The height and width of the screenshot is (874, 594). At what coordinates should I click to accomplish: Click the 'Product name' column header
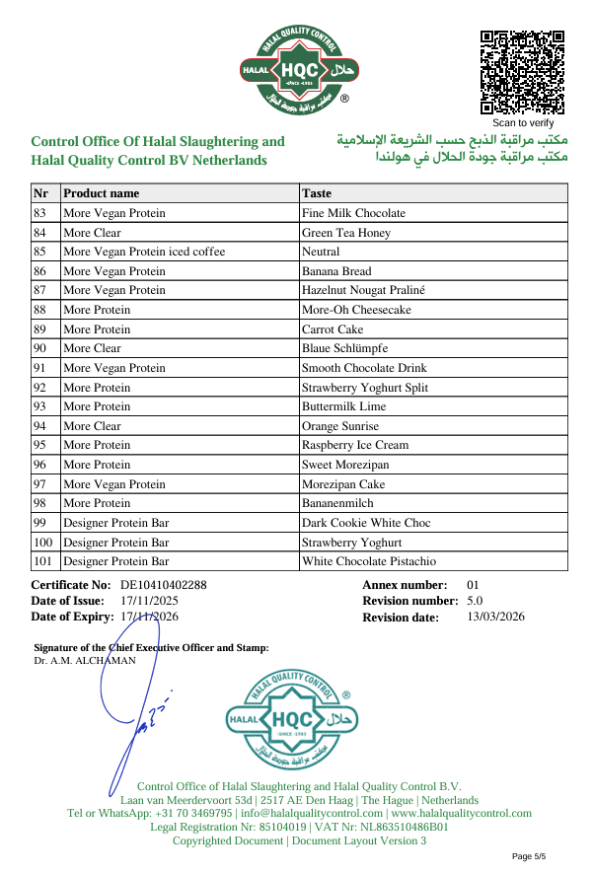coord(102,193)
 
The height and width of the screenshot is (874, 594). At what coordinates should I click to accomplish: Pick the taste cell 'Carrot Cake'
coord(333,329)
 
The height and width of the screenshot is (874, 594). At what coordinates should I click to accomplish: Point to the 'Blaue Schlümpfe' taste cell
coord(344,348)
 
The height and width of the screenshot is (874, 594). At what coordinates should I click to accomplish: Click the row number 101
coord(43,561)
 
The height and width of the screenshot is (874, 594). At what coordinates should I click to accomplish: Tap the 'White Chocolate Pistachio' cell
coord(369,561)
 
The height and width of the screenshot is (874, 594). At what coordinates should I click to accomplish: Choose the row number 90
coord(40,348)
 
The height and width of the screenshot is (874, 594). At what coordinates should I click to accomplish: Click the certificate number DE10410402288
coord(164,585)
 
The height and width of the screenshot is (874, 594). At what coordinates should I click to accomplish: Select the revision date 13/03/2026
coord(495,618)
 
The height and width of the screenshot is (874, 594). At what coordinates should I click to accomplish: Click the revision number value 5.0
coord(475,601)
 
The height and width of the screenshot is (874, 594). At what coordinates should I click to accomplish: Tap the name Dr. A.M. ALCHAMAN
coord(85,661)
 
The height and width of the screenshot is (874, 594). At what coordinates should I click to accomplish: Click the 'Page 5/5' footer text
coord(529,855)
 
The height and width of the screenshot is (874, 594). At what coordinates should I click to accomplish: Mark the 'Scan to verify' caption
coord(523,123)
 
